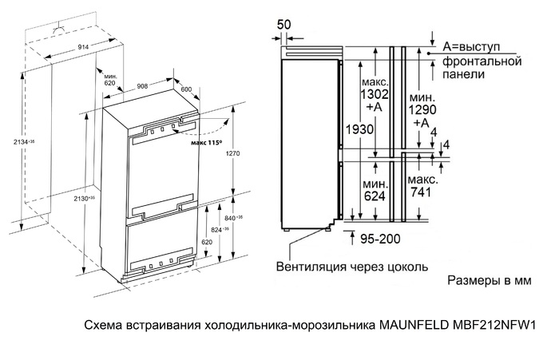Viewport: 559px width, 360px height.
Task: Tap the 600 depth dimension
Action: point(187,89)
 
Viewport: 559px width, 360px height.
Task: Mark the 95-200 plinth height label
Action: point(381,237)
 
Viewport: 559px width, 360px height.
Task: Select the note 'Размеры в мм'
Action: point(486,282)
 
